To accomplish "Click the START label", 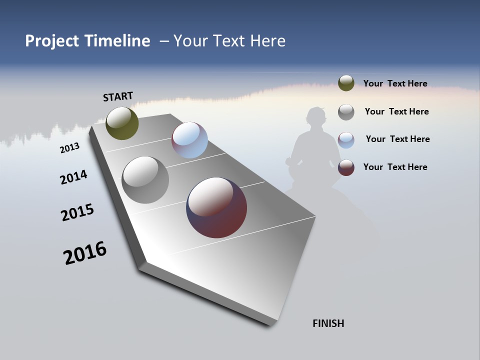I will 118,96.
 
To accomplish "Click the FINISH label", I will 328,323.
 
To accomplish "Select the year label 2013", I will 69,147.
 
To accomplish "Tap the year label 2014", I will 73,177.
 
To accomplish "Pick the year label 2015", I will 77,212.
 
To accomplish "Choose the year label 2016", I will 85,252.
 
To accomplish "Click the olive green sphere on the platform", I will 122,123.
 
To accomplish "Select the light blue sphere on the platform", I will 189,140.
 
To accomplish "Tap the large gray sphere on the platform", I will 145,180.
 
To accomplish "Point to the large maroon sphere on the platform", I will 216,207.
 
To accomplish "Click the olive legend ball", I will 346,83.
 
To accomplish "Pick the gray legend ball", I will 346,112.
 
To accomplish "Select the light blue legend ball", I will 346,140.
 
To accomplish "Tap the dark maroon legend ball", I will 346,167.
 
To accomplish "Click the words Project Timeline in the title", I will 87,41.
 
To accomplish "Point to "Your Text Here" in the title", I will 229,41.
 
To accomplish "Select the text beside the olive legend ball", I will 395,83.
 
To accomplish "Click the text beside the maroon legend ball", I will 395,167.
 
